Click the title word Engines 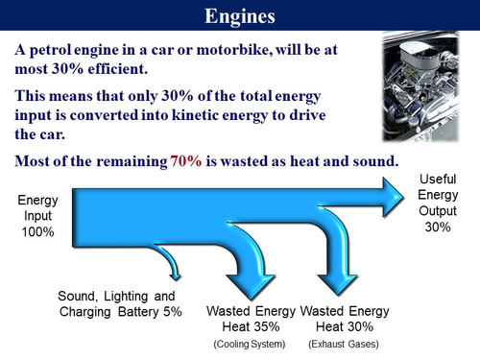[240, 16]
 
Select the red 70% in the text [187, 160]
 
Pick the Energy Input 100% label [37, 217]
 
